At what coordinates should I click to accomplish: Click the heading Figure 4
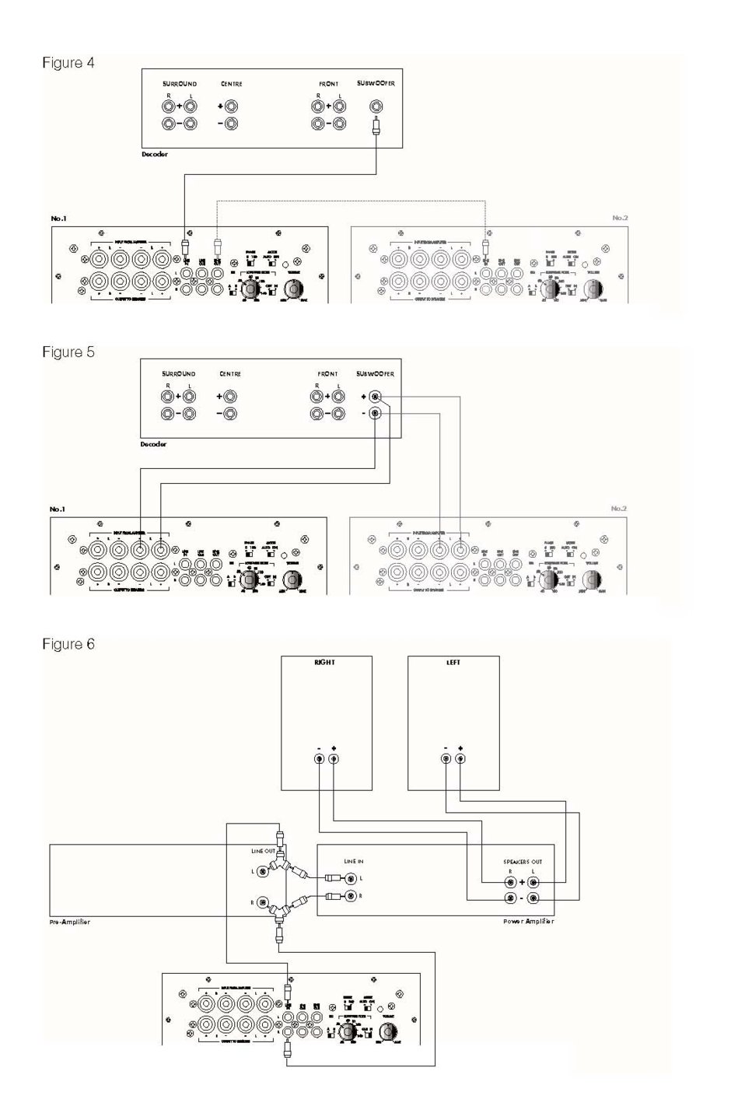[x=68, y=63]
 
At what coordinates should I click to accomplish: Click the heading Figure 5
[x=68, y=352]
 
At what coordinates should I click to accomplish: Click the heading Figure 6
[x=68, y=644]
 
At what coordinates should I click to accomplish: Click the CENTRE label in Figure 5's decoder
[x=230, y=374]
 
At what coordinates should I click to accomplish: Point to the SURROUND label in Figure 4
[x=180, y=84]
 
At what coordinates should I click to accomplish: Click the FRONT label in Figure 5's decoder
[x=327, y=374]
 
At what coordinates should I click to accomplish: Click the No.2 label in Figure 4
[x=619, y=218]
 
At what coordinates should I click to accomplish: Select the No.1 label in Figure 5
[x=58, y=509]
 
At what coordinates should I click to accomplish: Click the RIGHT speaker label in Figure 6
[x=325, y=663]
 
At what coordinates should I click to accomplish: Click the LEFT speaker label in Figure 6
[x=453, y=663]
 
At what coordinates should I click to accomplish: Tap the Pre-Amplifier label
[x=70, y=922]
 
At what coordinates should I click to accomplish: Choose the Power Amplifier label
[x=528, y=922]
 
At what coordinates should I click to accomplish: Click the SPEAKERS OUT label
[x=523, y=862]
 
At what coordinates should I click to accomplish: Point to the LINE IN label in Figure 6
[x=354, y=862]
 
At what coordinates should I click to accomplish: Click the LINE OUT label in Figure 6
[x=263, y=851]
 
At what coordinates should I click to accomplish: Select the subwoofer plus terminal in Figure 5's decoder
[x=376, y=397]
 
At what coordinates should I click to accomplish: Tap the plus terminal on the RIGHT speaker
[x=334, y=759]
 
